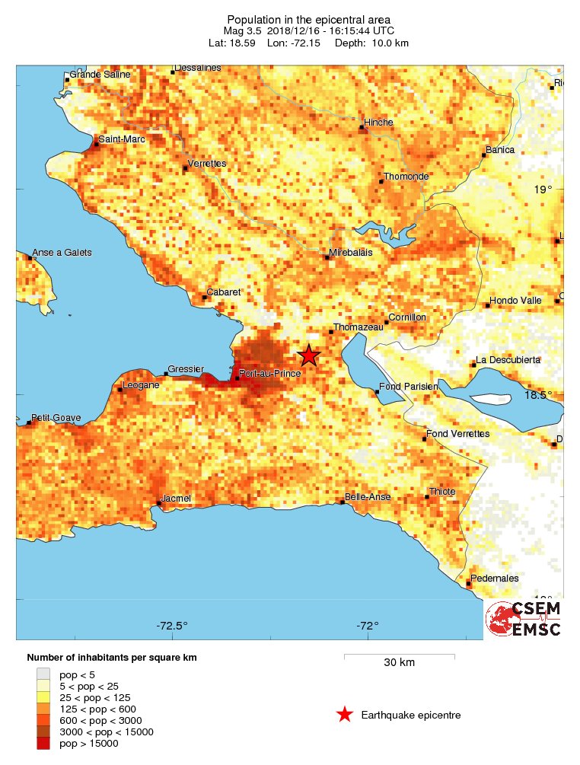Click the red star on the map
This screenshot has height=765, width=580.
[308, 355]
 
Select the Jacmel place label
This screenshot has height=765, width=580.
[176, 499]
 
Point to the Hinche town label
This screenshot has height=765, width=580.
[378, 122]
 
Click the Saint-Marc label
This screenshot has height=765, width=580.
[122, 139]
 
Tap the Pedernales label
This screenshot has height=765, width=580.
[495, 579]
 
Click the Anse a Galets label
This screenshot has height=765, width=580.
[62, 253]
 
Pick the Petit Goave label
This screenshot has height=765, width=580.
[56, 419]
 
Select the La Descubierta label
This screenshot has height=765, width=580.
[508, 359]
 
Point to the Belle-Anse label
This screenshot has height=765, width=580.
[368, 497]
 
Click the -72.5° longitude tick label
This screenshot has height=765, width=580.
[172, 626]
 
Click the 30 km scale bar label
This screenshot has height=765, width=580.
[399, 662]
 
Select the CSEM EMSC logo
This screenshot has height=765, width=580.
[524, 618]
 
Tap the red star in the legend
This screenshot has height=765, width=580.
[345, 714]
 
